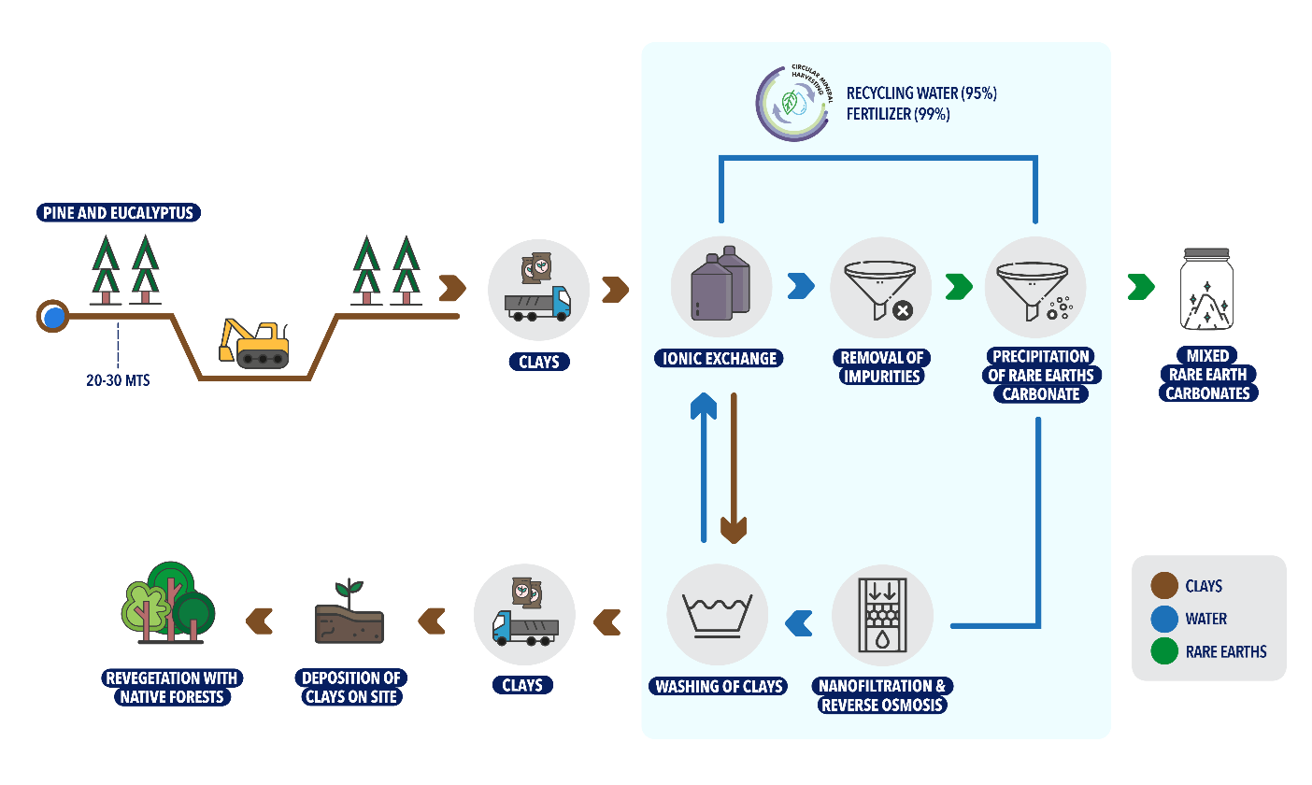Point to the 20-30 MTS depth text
tap(117, 380)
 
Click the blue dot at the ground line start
tap(54, 317)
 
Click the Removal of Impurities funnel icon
tap(879, 287)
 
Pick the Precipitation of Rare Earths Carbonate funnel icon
tap(1034, 287)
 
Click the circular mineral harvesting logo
tap(792, 103)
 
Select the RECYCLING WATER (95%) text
tap(921, 93)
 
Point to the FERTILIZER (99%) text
tap(898, 114)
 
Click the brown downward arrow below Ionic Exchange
tap(734, 467)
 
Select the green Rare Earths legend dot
tap(1164, 651)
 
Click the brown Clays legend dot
tap(1164, 586)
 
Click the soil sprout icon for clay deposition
tap(349, 615)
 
